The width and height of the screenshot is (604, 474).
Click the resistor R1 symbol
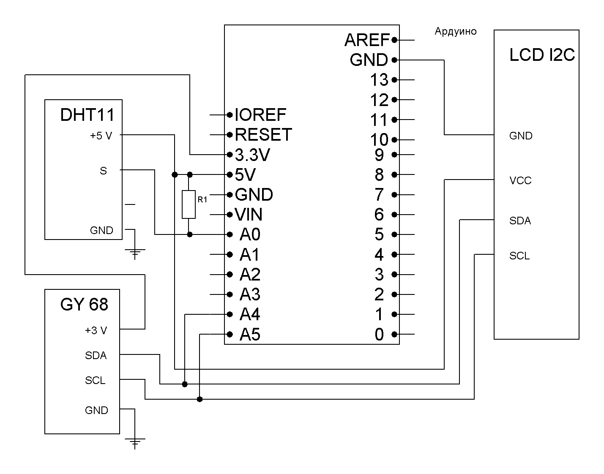click(189, 204)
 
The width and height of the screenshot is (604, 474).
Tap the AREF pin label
click(366, 40)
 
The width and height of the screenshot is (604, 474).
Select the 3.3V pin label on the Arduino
click(252, 155)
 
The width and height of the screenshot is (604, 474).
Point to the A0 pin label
click(250, 234)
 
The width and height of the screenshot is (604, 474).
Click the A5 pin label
click(250, 335)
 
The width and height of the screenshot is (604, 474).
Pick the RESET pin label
click(263, 135)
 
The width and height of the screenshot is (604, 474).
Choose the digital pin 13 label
click(379, 80)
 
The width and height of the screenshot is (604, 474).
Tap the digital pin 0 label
click(379, 335)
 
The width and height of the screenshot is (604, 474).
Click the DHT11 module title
click(87, 115)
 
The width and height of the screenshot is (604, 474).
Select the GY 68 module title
click(84, 305)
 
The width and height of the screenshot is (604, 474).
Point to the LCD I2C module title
click(542, 55)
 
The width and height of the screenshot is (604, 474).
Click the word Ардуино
click(455, 32)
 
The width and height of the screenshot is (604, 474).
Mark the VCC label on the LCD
click(520, 181)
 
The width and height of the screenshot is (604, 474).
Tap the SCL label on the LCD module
click(519, 256)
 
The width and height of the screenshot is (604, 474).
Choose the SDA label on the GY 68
click(96, 356)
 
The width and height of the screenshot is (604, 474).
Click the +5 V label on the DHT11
click(101, 136)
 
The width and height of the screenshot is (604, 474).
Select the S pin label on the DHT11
click(103, 171)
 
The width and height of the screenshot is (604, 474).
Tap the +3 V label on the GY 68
click(96, 330)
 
